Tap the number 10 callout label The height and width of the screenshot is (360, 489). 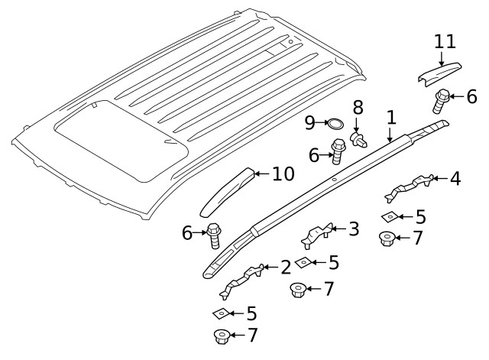coord(282,174)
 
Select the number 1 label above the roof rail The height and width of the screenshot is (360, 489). coord(390,118)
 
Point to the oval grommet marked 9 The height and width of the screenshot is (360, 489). coord(334,123)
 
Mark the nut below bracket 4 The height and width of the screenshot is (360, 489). coord(387,238)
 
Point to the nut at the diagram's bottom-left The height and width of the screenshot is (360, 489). coord(221,336)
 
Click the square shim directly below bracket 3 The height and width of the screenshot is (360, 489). coord(303,263)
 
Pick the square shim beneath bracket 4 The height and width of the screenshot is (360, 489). coord(388,216)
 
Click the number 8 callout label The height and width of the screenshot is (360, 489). coord(357,106)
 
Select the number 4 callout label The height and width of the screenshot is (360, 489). coord(455,179)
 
